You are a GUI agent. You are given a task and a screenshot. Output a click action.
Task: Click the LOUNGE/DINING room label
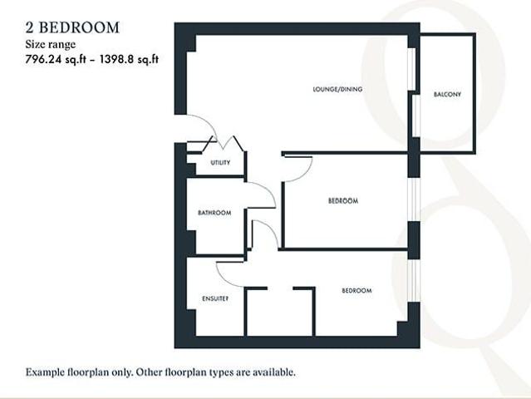tap(337, 89)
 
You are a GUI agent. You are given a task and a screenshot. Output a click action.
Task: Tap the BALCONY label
tap(447, 94)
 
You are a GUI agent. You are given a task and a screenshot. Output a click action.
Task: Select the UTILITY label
tap(220, 163)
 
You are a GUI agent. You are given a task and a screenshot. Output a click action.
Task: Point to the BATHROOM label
tap(214, 213)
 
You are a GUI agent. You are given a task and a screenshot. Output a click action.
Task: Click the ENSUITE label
tap(215, 298)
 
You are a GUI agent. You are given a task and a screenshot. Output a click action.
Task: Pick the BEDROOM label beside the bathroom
tap(343, 200)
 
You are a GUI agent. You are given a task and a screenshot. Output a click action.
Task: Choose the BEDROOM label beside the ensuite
tap(356, 290)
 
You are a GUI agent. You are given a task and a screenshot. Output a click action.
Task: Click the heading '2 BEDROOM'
tap(72, 27)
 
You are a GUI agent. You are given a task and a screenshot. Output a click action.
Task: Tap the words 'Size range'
tap(51, 44)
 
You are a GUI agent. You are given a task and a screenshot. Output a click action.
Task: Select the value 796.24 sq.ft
tap(56, 59)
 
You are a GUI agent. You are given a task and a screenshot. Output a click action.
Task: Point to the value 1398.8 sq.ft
tap(129, 59)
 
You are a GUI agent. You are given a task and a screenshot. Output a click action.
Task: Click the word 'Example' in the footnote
tap(47, 372)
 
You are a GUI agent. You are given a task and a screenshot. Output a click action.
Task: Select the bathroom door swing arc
tap(268, 190)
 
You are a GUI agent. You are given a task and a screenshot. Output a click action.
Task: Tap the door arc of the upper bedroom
tap(304, 173)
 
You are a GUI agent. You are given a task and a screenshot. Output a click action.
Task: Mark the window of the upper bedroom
tap(414, 199)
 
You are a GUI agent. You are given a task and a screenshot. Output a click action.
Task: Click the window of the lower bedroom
tap(414, 281)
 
